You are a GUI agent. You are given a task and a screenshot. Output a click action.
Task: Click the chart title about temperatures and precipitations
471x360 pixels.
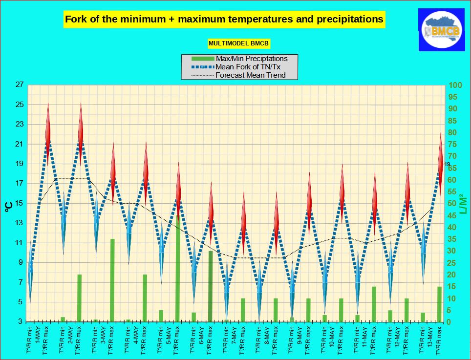point(224,20)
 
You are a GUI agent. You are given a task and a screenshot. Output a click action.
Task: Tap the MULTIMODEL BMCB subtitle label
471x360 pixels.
point(239,43)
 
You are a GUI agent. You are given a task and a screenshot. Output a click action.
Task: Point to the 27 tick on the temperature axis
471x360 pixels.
point(20,85)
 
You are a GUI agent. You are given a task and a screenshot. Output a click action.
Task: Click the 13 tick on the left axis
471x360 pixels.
point(20,223)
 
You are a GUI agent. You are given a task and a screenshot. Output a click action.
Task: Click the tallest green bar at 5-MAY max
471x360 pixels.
point(178,269)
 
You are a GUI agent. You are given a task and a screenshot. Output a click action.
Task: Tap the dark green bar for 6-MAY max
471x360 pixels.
point(211,286)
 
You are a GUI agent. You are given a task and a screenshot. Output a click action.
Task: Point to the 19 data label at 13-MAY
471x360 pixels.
point(447,165)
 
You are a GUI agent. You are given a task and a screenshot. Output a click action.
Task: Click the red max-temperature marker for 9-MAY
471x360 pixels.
point(309,198)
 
